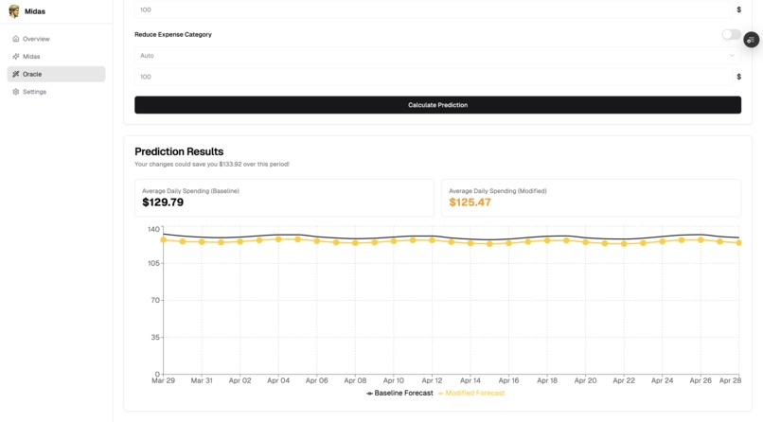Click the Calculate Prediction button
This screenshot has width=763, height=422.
pyautogui.click(x=437, y=105)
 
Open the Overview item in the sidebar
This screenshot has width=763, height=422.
pyautogui.click(x=36, y=39)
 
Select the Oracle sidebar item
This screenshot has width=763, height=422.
pyautogui.click(x=32, y=74)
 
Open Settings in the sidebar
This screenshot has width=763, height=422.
pyautogui.click(x=34, y=92)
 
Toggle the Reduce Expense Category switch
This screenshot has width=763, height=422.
pyautogui.click(x=731, y=34)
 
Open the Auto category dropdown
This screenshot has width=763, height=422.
pyautogui.click(x=437, y=56)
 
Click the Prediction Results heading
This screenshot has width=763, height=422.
pyautogui.click(x=179, y=151)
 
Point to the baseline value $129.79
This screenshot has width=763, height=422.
pyautogui.click(x=163, y=202)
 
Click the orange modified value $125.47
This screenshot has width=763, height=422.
pyautogui.click(x=470, y=202)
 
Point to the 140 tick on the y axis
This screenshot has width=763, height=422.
pyautogui.click(x=153, y=230)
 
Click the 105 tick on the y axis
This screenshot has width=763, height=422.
pyautogui.click(x=153, y=263)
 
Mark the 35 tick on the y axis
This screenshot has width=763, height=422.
pyautogui.click(x=153, y=338)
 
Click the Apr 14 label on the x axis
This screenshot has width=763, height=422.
pyautogui.click(x=470, y=380)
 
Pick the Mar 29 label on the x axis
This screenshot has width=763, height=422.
pyautogui.click(x=163, y=380)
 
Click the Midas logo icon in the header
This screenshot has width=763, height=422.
pyautogui.click(x=14, y=11)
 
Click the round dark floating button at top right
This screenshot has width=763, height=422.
pyautogui.click(x=751, y=40)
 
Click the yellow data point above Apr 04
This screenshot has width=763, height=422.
pyautogui.click(x=278, y=239)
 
